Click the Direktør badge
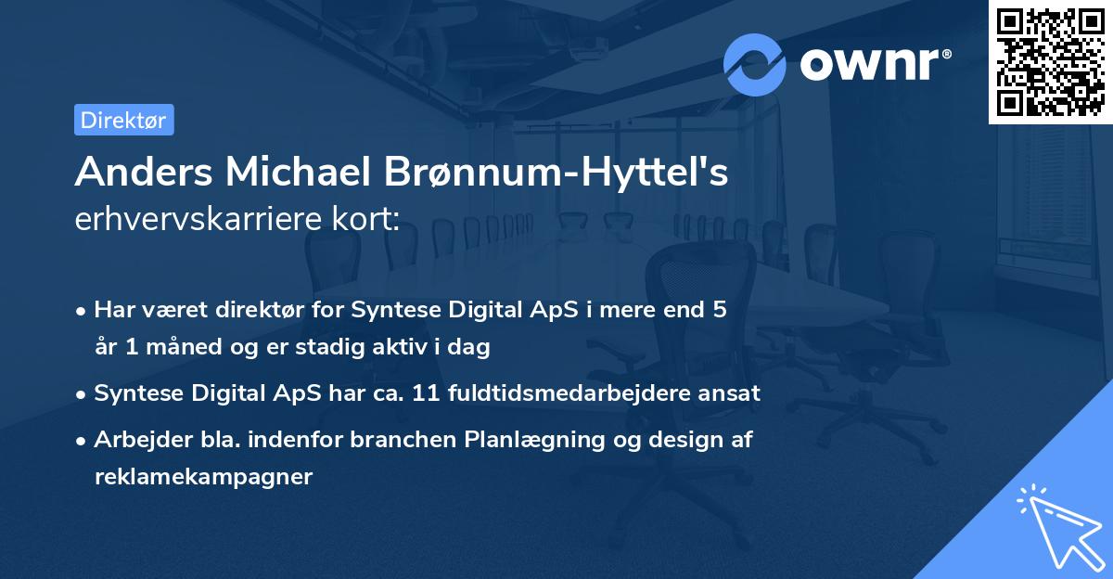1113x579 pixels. click(x=123, y=120)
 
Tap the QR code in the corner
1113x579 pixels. click(x=1051, y=62)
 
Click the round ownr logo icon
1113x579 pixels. click(x=755, y=64)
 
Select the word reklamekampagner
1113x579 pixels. click(x=203, y=477)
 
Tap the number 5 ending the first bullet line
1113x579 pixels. click(x=719, y=310)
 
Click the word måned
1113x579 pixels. click(x=175, y=347)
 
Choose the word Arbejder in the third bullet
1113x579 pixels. click(x=135, y=440)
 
